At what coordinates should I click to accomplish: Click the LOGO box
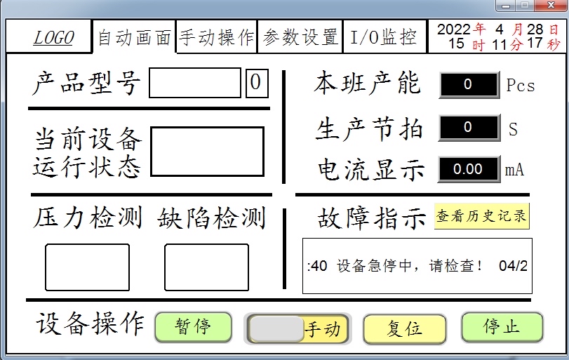click(x=53, y=38)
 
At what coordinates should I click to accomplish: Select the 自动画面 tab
click(x=134, y=38)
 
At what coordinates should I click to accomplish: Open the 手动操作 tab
click(x=217, y=38)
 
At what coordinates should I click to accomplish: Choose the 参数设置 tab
click(x=300, y=38)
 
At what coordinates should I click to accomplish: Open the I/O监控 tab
click(x=383, y=38)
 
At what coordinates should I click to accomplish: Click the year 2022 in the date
click(x=453, y=29)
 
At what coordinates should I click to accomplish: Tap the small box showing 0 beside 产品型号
click(x=255, y=83)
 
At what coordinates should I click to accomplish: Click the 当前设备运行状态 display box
click(x=208, y=152)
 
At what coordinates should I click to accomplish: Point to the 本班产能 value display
click(x=469, y=85)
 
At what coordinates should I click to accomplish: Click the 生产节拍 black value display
click(x=469, y=128)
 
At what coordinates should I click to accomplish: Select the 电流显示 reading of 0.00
click(x=469, y=169)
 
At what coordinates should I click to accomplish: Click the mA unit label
click(x=515, y=169)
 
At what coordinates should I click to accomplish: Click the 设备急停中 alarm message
click(x=417, y=266)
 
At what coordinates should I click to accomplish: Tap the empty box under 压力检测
click(x=88, y=267)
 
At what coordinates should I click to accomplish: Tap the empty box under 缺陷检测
click(x=206, y=267)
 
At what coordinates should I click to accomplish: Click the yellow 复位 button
click(x=404, y=328)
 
